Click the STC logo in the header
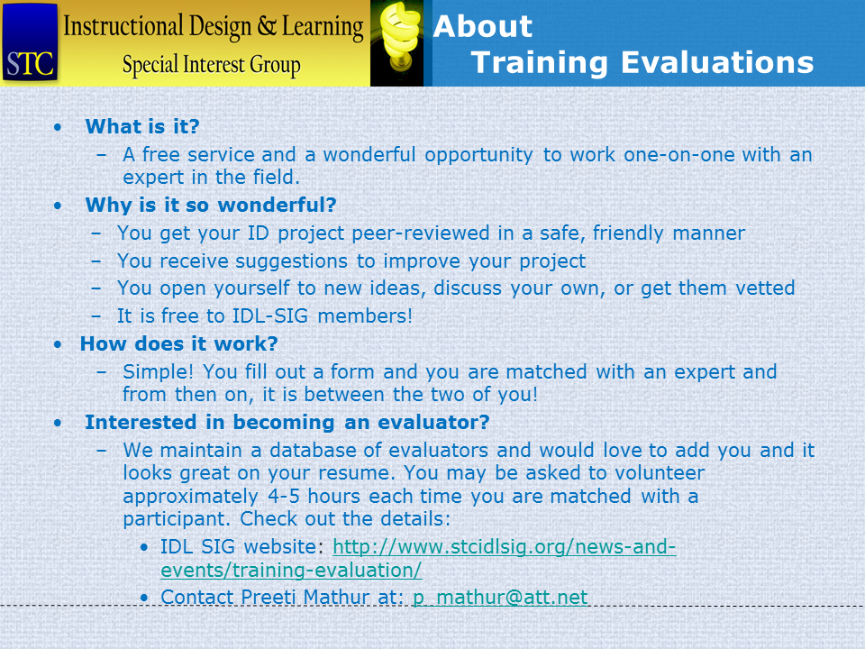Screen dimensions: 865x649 pos(30,42)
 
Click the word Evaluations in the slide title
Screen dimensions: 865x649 pos(717,62)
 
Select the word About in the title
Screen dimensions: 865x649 pos(483,26)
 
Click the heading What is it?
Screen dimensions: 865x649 pos(142,126)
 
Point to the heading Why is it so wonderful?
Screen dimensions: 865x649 pos(211,205)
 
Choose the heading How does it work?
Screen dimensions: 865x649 pos(178,343)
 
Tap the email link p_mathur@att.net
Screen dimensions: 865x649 pos(500,597)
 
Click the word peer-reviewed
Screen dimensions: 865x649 pos(421,233)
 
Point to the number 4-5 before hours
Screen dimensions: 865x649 pos(284,496)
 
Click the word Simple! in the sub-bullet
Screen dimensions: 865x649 pos(159,372)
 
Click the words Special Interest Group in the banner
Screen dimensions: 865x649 pos(211,65)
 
